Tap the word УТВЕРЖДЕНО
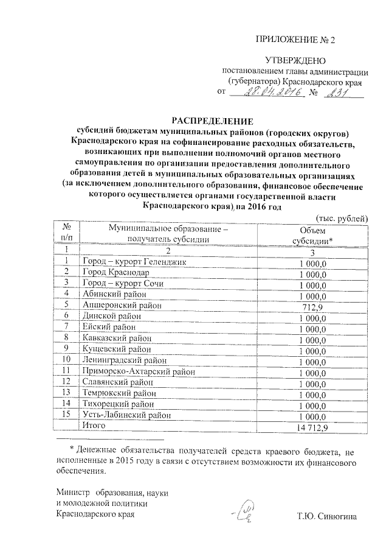pos(296,60)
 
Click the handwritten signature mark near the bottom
pos(247,512)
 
